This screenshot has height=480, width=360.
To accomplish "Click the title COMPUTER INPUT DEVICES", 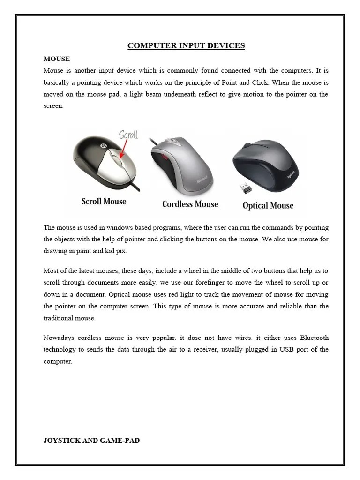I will coord(186,45).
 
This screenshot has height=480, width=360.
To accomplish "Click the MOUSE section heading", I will coord(57,59).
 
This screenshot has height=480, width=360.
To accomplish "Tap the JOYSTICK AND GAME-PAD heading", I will coord(91,440).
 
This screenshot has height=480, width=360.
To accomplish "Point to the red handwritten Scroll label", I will coord(128,135).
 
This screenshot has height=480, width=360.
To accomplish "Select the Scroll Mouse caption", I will coord(104,202).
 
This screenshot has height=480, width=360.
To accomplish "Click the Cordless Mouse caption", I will coord(190,204).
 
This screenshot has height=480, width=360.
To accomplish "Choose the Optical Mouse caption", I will coord(268,205).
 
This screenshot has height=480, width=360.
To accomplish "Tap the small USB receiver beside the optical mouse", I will coord(246,188).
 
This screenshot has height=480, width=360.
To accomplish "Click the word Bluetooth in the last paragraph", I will coord(314,338).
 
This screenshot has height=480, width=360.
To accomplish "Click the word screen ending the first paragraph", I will coord(52,106).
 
